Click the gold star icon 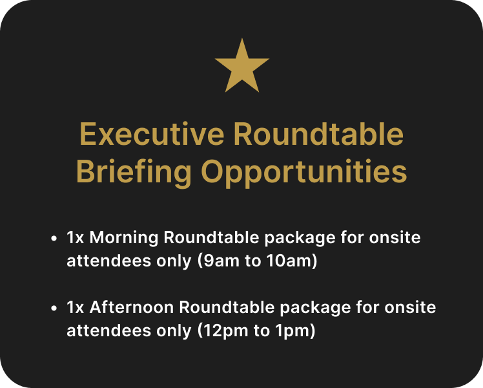tap(241, 67)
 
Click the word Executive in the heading tap(152, 134)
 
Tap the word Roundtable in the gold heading tap(318, 134)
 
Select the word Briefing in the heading tap(134, 173)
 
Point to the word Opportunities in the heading tap(304, 173)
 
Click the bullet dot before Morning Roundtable tap(54, 239)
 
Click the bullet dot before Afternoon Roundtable tap(54, 308)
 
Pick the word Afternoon tap(132, 308)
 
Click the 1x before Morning tap(76, 238)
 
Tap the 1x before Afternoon tap(76, 308)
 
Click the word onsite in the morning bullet tap(395, 238)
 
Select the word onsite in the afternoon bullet tap(410, 308)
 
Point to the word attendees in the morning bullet tap(108, 261)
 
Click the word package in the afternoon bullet tap(315, 308)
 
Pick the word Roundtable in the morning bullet tap(211, 238)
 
